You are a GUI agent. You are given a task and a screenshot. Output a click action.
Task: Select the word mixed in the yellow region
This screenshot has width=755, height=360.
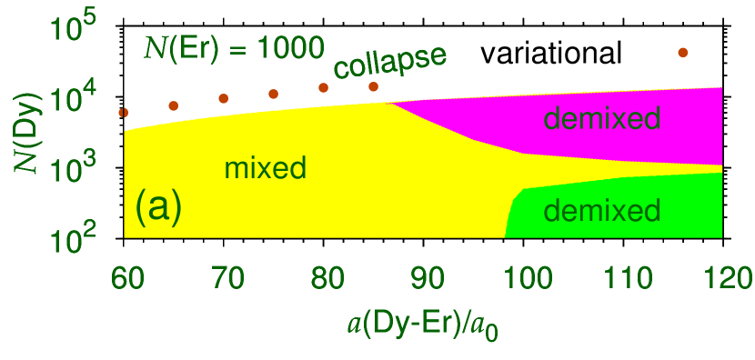coord(265,168)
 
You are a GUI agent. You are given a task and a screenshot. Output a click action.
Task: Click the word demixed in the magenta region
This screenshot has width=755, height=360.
coord(601,118)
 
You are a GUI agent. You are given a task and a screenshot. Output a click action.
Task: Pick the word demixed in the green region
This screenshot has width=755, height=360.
coord(601,212)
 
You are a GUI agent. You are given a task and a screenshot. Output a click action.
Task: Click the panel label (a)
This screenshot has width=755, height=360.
coord(158,207)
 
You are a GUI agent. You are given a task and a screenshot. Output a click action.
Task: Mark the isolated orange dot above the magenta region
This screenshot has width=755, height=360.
coord(683,53)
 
